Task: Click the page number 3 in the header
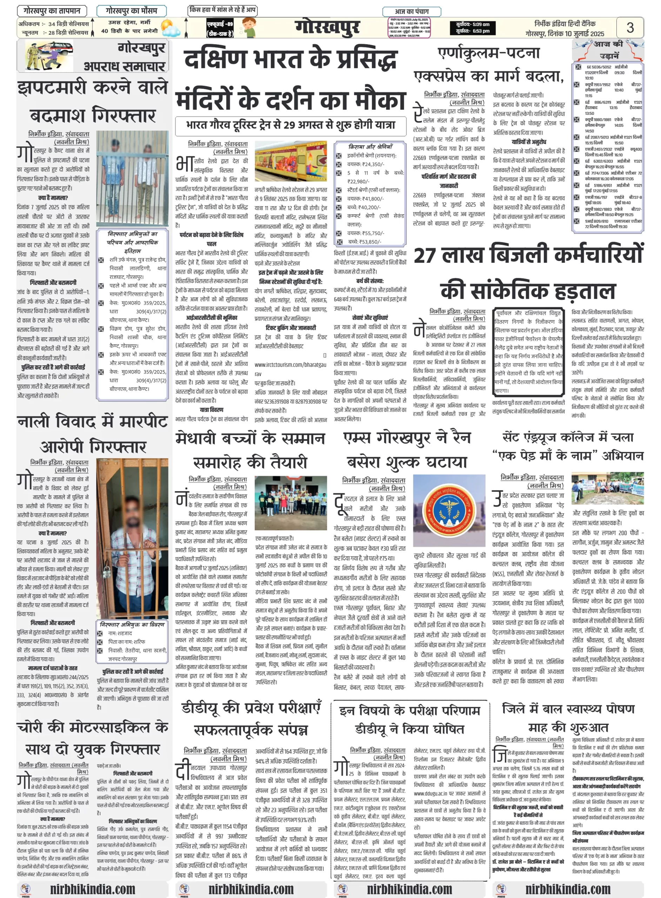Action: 629,28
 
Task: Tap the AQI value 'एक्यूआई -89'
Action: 220,24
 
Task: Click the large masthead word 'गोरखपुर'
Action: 327,27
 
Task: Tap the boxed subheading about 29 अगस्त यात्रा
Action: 291,125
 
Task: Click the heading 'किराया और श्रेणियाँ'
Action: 370,146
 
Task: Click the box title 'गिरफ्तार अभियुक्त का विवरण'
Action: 132,625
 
